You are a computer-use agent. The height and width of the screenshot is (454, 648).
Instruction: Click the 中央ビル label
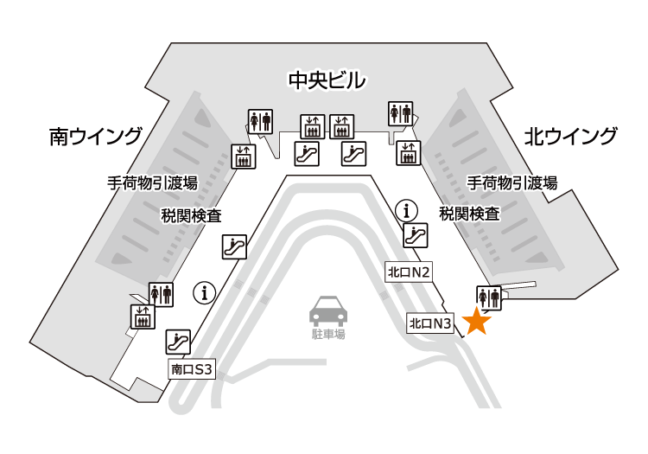tap(327, 81)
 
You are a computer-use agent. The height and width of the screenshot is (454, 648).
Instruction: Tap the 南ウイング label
tap(96, 136)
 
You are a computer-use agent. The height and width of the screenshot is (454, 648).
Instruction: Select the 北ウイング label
tap(571, 136)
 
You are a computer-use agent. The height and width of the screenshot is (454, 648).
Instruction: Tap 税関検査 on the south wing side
tap(191, 214)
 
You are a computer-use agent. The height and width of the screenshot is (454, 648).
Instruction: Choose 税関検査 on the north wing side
tap(469, 214)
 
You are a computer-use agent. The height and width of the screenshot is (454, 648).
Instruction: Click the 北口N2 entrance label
tap(409, 272)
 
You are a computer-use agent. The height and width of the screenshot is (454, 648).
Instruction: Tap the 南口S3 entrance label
tap(192, 369)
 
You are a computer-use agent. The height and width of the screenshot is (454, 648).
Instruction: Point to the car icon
tap(327, 310)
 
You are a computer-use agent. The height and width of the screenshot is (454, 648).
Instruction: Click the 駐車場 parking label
tap(327, 333)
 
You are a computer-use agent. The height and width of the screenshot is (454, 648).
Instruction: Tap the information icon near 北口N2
tap(406, 208)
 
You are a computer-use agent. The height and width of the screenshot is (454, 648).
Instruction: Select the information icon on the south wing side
tap(205, 293)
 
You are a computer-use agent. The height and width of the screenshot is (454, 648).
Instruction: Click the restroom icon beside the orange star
tap(488, 296)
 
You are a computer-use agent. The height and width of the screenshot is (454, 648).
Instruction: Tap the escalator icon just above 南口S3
tap(178, 342)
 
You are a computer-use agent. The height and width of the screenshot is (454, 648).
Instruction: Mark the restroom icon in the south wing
tap(161, 294)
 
